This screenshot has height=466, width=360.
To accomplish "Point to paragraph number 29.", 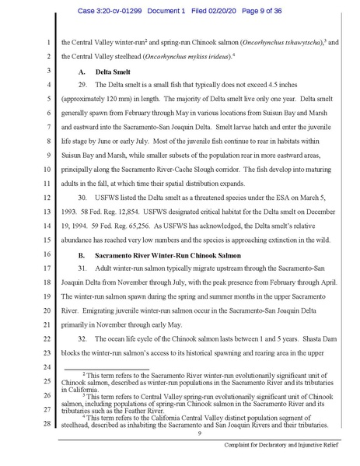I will click(x=86, y=83).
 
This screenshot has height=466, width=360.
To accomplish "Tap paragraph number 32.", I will click(x=86, y=326).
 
